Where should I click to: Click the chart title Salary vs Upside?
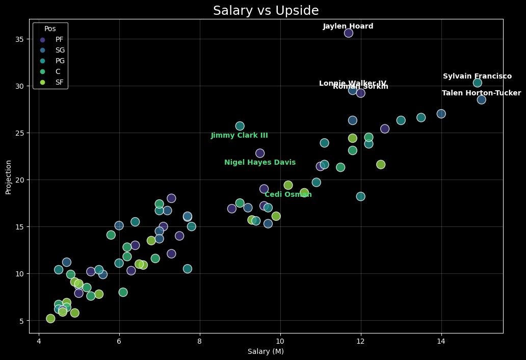click(266, 11)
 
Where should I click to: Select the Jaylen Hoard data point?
click(349, 33)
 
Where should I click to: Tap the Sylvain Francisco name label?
click(477, 76)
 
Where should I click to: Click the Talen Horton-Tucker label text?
click(481, 93)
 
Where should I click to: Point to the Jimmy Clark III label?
click(239, 136)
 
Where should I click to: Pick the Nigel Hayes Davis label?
click(260, 163)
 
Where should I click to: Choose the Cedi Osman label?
click(288, 195)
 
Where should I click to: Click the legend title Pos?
click(50, 29)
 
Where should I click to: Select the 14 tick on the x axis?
click(441, 341)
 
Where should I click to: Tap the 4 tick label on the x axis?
click(39, 341)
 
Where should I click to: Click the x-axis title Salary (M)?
click(266, 352)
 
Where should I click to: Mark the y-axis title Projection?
click(8, 176)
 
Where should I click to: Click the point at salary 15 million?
click(482, 99)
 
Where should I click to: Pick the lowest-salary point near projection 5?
click(50, 319)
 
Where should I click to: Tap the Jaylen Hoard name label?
click(348, 27)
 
